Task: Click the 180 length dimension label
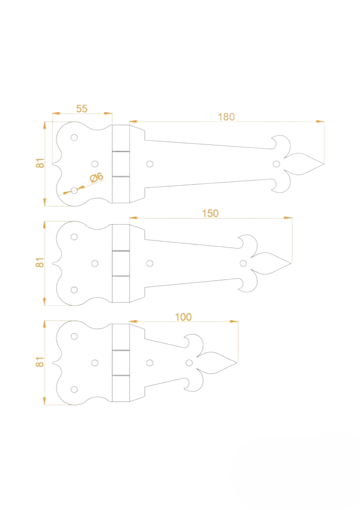(226, 117)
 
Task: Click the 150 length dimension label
(210, 213)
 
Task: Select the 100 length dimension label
(183, 317)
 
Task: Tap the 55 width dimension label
(82, 109)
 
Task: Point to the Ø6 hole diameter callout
(96, 177)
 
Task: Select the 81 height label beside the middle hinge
(40, 262)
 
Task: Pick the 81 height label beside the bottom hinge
(40, 362)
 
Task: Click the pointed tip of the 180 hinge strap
(323, 163)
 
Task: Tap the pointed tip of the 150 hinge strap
(291, 263)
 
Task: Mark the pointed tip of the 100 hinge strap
(237, 363)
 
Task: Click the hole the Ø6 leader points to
(74, 190)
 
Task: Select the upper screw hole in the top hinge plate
(74, 137)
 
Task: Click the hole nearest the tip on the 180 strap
(276, 163)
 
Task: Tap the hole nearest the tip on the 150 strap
(243, 263)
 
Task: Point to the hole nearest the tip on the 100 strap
(189, 363)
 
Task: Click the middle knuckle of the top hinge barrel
(120, 163)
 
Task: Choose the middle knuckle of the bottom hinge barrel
(120, 363)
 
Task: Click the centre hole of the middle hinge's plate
(95, 263)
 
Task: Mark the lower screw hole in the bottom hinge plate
(74, 389)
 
